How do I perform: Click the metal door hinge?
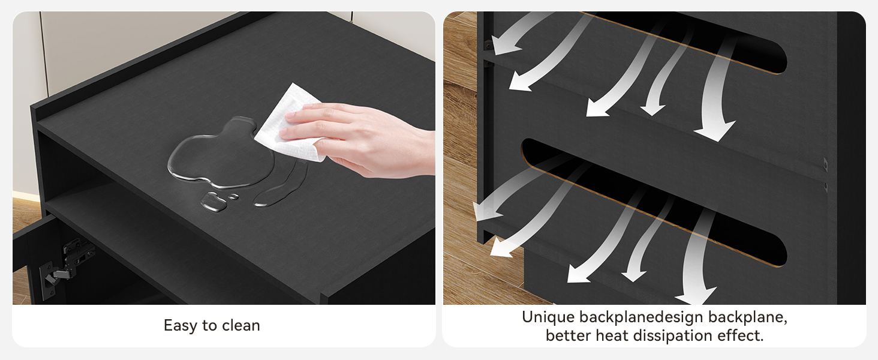point(67,263)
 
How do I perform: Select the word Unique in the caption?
point(548,317)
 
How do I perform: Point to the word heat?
point(612,335)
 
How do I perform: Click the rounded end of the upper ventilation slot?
point(778,59)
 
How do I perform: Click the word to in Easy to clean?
point(209,326)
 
